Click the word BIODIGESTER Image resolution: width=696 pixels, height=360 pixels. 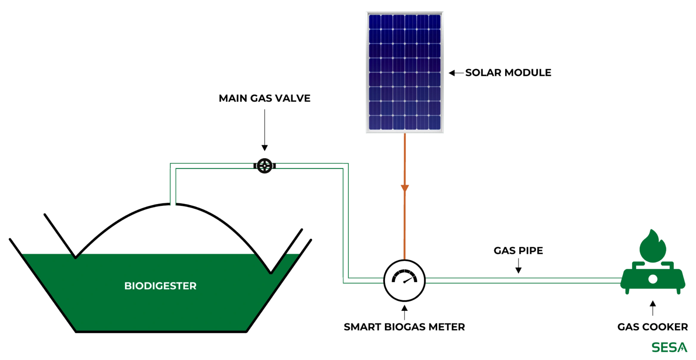coord(160,286)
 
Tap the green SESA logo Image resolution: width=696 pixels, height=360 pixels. coord(669,347)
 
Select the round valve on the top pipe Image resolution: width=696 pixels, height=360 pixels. coord(264,166)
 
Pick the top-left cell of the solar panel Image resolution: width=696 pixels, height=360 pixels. coord(375,22)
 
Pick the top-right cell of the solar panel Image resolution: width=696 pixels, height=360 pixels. coord(435,22)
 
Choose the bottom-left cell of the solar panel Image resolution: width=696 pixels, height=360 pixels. coord(375,122)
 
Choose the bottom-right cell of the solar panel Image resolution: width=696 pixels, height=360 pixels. coord(435,122)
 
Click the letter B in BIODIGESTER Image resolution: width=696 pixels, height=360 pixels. coord(127,286)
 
